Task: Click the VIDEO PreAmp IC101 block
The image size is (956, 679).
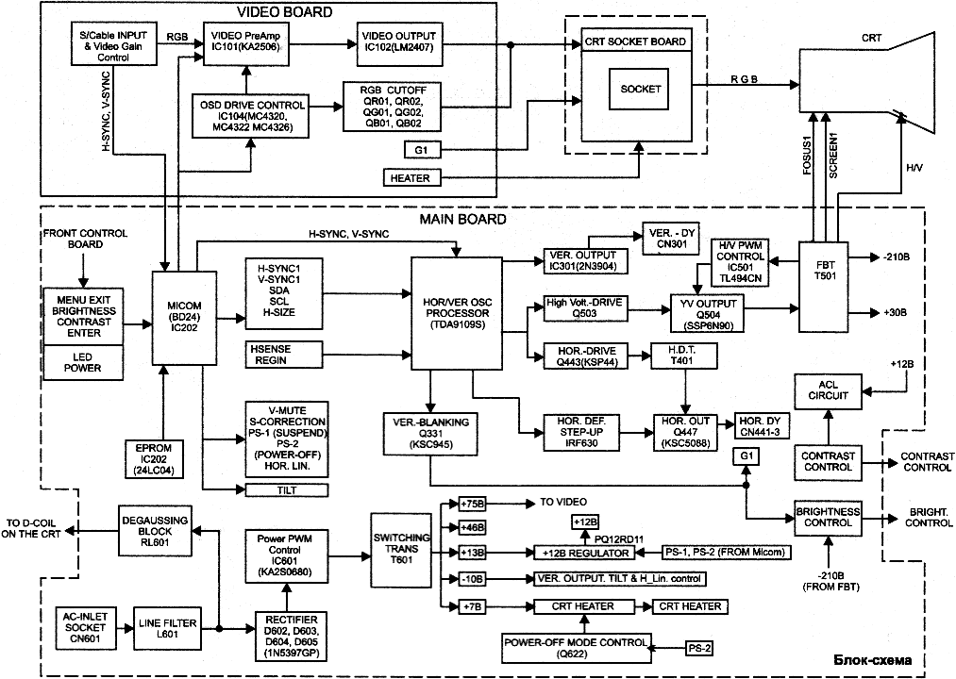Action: (248, 41)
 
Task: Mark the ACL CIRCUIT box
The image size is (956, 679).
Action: (827, 390)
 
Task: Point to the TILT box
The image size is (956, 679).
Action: (285, 489)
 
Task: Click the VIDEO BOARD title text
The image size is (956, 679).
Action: (283, 11)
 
